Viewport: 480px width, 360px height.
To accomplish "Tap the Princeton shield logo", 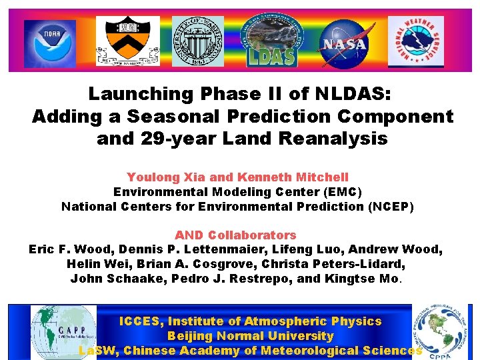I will (127, 41).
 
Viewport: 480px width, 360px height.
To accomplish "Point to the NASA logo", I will (343, 41).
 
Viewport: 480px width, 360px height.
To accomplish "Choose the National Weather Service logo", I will (415, 41).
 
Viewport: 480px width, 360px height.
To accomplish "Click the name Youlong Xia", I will (165, 177).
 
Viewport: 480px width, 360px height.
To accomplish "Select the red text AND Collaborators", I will (235, 235).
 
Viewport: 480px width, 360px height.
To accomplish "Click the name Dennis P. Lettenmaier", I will (189, 250).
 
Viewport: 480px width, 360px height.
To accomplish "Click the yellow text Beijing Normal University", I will (250, 337).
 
